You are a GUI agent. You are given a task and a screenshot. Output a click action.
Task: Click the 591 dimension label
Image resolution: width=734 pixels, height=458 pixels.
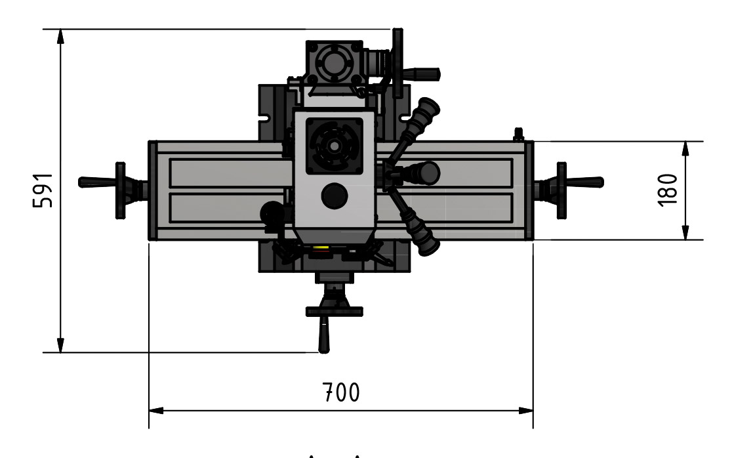(43, 191)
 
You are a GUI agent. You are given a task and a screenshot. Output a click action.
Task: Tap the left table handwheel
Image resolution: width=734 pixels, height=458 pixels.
(120, 190)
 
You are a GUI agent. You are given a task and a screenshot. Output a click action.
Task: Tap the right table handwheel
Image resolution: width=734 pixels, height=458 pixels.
(561, 190)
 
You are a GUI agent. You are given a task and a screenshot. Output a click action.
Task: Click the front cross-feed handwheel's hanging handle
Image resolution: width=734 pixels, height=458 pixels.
(323, 334)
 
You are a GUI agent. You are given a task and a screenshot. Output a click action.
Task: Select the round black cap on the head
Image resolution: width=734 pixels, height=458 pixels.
(335, 196)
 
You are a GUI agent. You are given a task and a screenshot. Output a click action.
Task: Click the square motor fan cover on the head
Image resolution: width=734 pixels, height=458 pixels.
(335, 146)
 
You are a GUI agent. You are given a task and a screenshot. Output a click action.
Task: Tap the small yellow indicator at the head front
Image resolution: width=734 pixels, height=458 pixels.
(321, 248)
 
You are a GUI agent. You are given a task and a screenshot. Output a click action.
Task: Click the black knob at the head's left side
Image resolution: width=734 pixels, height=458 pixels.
(270, 213)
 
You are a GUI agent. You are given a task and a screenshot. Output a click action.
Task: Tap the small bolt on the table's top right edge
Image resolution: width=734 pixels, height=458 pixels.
(518, 135)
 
